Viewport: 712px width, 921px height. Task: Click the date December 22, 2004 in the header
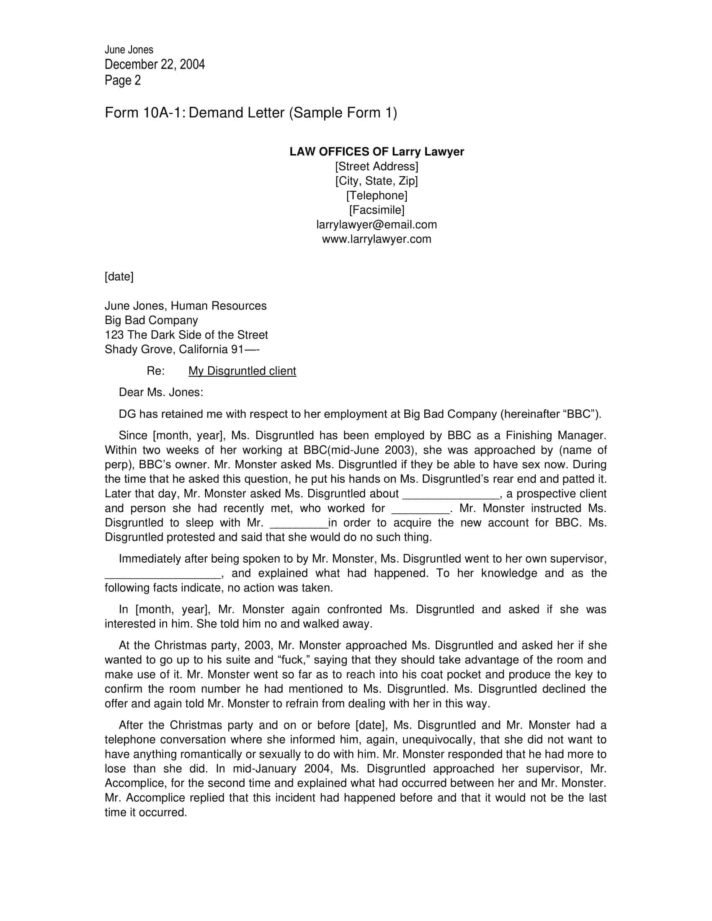[155, 64]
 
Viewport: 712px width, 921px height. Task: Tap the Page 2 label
[122, 80]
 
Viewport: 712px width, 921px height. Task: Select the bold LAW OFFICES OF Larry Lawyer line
[376, 152]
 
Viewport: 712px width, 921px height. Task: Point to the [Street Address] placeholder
[376, 167]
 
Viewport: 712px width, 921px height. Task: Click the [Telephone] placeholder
[376, 196]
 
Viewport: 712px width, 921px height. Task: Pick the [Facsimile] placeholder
[376, 210]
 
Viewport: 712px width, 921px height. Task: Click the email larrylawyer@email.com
[376, 225]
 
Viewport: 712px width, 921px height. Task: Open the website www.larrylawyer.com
[376, 239]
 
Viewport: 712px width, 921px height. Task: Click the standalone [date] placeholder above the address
[119, 277]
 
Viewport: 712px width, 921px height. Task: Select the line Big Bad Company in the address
[151, 321]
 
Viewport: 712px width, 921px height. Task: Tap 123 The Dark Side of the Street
[186, 335]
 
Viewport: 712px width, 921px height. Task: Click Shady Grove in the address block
[139, 350]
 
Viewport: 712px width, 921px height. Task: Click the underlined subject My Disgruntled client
[242, 371]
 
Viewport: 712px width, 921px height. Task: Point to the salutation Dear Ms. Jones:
[161, 393]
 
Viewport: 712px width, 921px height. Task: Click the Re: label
[155, 371]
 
